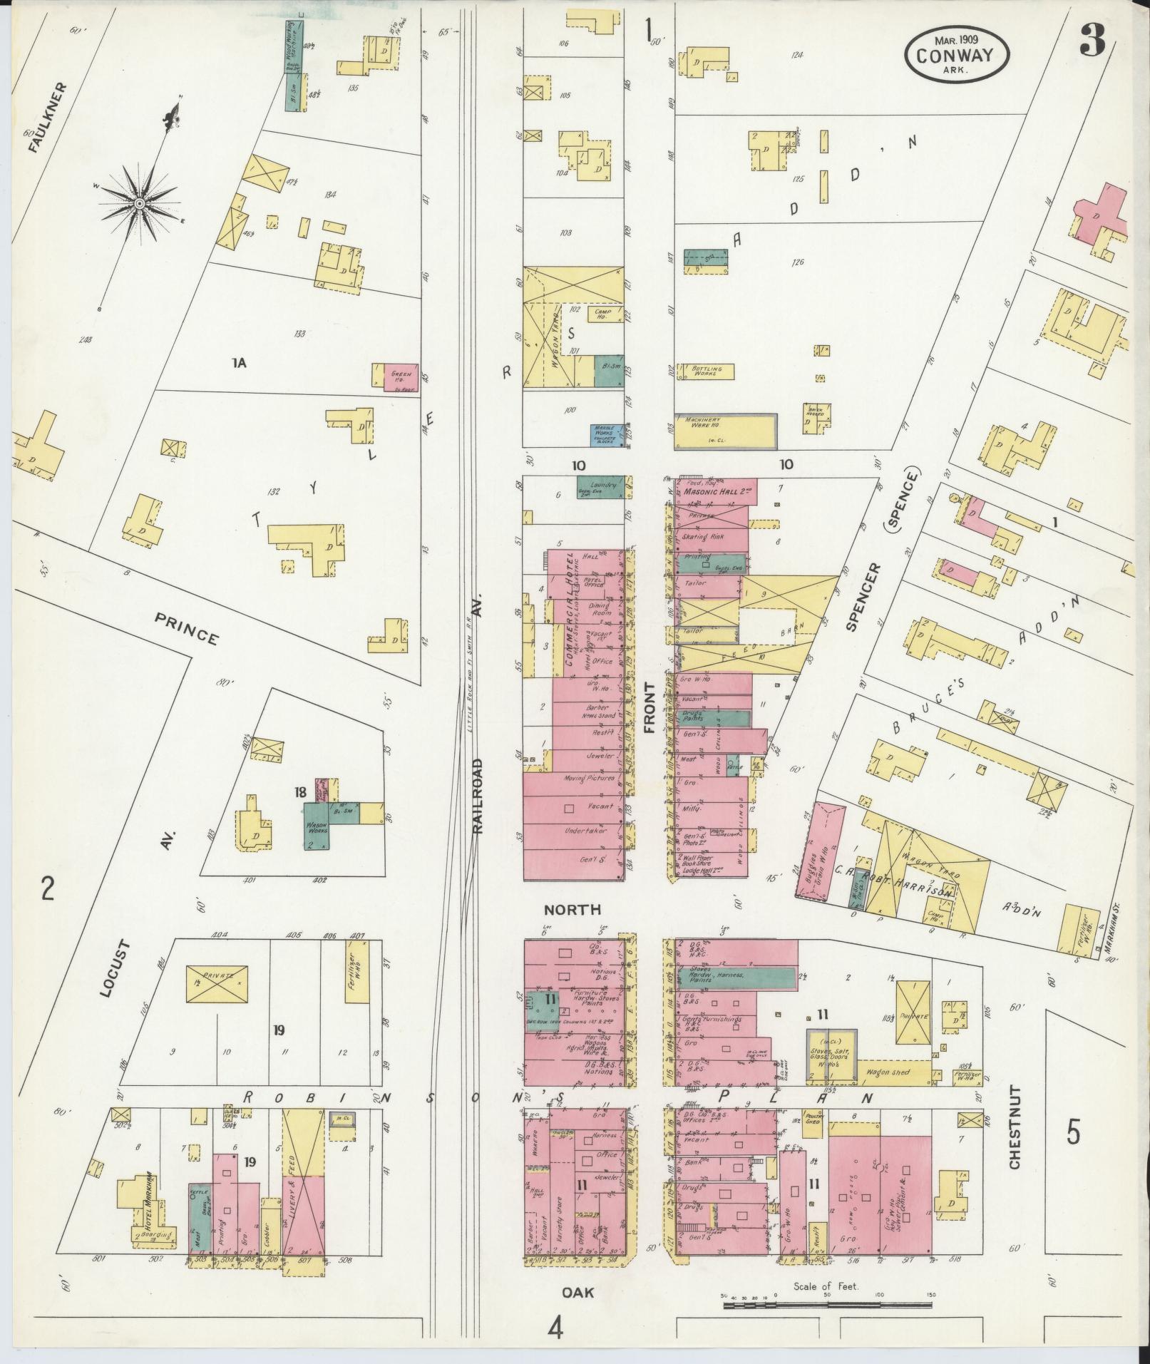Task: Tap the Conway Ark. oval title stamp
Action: click(955, 55)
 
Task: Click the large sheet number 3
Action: click(1091, 40)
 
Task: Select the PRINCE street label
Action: click(188, 627)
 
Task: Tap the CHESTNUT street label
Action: click(1015, 1128)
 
